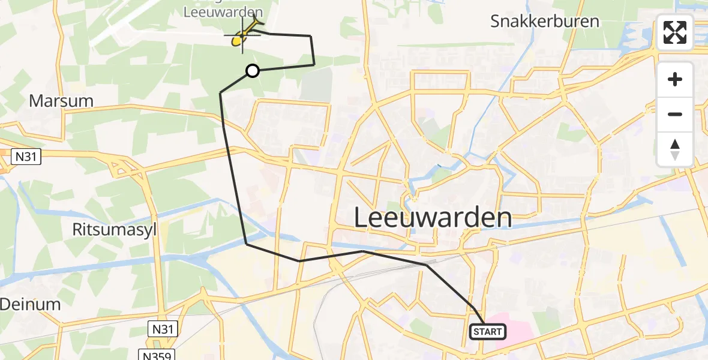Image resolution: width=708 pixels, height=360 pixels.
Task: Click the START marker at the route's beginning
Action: click(487, 331)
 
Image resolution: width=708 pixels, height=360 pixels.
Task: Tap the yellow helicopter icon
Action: click(242, 36)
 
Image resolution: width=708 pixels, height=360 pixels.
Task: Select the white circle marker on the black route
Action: click(253, 71)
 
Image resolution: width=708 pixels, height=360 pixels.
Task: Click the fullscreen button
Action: click(675, 32)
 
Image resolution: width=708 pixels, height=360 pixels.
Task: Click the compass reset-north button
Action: click(675, 149)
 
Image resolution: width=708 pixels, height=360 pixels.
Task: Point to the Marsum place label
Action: click(61, 101)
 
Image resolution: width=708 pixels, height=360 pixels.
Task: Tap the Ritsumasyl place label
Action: click(114, 229)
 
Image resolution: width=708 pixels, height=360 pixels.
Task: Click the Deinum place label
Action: click(30, 304)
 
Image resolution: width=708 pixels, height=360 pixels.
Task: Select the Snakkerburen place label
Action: click(544, 22)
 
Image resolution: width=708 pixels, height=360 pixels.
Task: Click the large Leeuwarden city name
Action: click(433, 217)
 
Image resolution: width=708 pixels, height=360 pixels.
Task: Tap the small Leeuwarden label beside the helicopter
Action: click(223, 12)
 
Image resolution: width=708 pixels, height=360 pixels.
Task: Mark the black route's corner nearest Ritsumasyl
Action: click(247, 244)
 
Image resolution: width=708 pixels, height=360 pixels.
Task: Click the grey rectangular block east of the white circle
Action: click(316, 84)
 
